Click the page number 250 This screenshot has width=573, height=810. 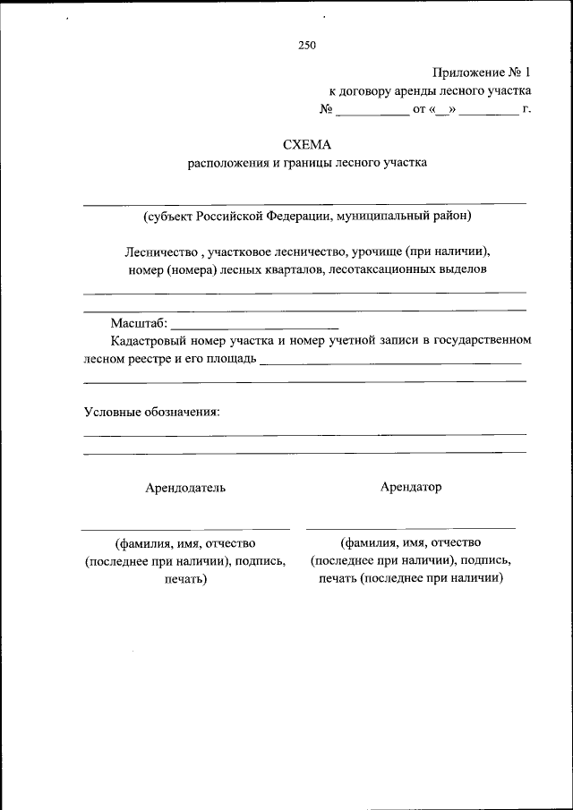coord(307,45)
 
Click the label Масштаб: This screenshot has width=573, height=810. coord(139,323)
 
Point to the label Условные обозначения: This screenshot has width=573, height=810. coord(151,412)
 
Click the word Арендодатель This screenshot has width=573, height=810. coord(185,488)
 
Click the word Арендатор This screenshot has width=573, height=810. coord(411,487)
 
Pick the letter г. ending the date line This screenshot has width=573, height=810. coord(527,110)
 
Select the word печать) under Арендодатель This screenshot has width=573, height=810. coord(185,579)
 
